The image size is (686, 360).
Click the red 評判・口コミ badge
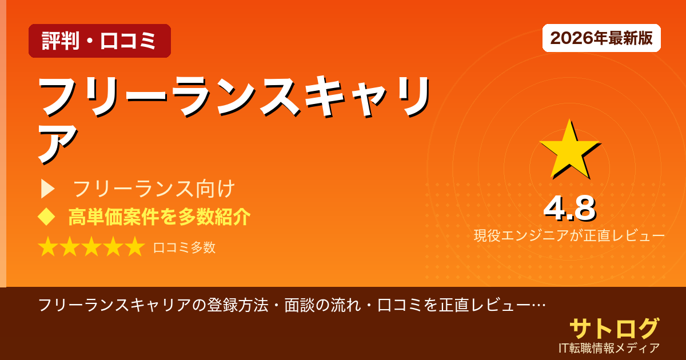click(99, 41)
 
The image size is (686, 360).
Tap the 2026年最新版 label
click(601, 38)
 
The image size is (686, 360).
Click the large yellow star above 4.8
click(568, 149)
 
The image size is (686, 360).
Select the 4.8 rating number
click(569, 209)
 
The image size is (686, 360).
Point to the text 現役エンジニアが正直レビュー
click(569, 235)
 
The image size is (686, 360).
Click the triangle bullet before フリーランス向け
click(48, 189)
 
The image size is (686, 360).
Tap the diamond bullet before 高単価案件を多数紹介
click(46, 217)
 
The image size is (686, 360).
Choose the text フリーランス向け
click(154, 189)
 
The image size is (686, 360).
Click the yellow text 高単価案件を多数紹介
click(159, 217)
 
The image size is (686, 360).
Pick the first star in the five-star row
click(48, 247)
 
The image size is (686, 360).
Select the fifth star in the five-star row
click(135, 247)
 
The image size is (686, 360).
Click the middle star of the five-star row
click(91, 247)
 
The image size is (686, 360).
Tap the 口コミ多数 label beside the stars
click(184, 247)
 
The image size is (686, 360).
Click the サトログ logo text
click(614, 329)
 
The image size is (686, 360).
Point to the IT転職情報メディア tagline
click(609, 347)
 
